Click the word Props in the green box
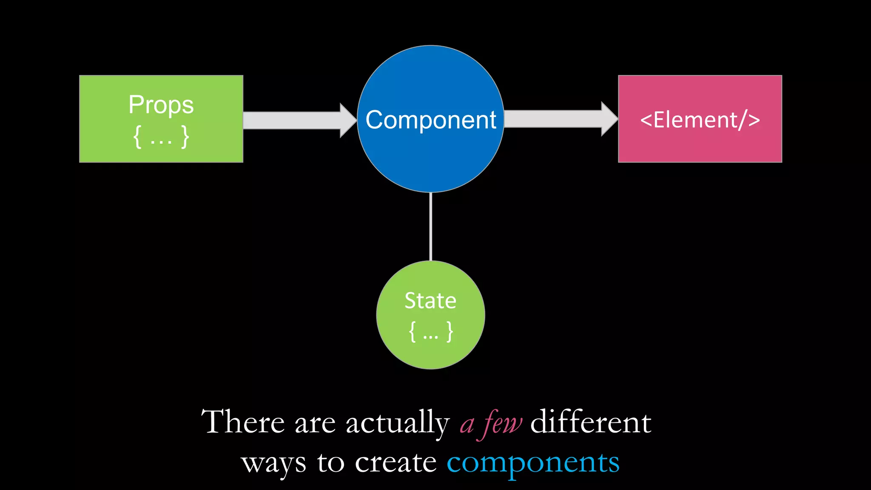pyautogui.click(x=161, y=105)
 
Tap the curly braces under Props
pyautogui.click(x=161, y=137)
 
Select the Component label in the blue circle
pyautogui.click(x=430, y=120)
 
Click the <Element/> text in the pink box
pyautogui.click(x=700, y=120)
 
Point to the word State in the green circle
pyautogui.click(x=430, y=301)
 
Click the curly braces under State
pyautogui.click(x=430, y=331)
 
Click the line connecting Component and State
pyautogui.click(x=430, y=226)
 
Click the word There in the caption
pyautogui.click(x=243, y=422)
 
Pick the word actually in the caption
pyautogui.click(x=398, y=423)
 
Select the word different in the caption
pyautogui.click(x=591, y=422)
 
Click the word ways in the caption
pyautogui.click(x=273, y=463)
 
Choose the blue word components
pyautogui.click(x=533, y=463)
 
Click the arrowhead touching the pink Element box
pyautogui.click(x=609, y=119)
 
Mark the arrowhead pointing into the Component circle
pyautogui.click(x=348, y=120)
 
